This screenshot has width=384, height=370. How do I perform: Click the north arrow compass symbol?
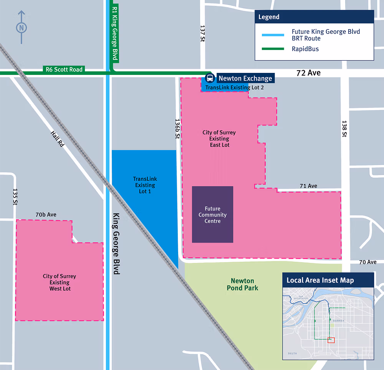tap(22, 27)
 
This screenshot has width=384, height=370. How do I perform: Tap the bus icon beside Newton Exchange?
tap(210, 78)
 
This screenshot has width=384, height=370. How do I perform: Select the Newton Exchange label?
tap(245, 78)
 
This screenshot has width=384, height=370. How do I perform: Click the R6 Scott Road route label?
tap(64, 69)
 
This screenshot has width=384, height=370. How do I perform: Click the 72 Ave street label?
tap(308, 73)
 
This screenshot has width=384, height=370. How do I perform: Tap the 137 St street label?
tap(203, 34)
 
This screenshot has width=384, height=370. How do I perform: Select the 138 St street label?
tap(344, 129)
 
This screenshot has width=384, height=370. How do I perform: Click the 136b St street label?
tap(177, 128)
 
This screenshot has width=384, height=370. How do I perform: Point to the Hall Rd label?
tap(57, 139)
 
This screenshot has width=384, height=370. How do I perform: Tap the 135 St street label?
tap(15, 197)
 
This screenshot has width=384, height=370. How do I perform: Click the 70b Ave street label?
tap(46, 215)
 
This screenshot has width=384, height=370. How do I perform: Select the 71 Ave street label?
tap(308, 186)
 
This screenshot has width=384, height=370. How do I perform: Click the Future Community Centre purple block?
tap(212, 215)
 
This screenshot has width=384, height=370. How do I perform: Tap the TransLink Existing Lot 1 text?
tap(145, 185)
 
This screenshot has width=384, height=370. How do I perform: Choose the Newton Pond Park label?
tap(242, 284)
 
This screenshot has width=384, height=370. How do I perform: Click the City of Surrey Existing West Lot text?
tap(60, 282)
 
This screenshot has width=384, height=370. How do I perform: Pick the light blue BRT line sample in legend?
tap(273, 35)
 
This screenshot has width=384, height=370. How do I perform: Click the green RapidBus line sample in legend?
tap(273, 49)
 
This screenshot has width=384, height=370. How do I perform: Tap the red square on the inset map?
tap(331, 340)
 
